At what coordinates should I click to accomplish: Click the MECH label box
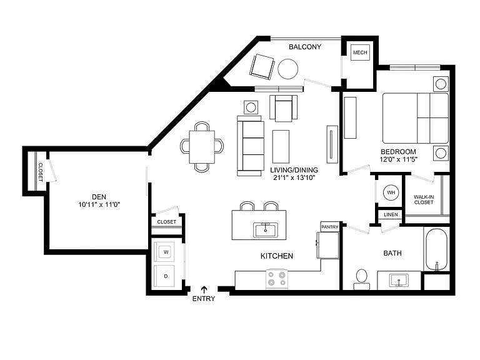[x=360, y=52]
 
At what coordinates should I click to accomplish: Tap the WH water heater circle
[x=391, y=192]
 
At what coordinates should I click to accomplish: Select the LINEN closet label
[x=391, y=214]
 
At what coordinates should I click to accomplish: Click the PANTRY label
[x=330, y=227]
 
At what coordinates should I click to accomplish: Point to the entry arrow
[x=204, y=289]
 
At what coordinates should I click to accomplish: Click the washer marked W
[x=166, y=252]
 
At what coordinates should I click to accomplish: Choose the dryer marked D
[x=166, y=276]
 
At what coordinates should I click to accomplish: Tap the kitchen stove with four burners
[x=277, y=279]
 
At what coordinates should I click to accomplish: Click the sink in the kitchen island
[x=266, y=230]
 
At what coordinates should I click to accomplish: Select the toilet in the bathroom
[x=362, y=279]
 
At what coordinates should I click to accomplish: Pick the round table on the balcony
[x=287, y=69]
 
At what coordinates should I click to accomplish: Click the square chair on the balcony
[x=262, y=67]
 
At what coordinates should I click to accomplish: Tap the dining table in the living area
[x=202, y=147]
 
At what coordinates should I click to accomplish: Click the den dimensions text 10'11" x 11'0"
[x=99, y=204]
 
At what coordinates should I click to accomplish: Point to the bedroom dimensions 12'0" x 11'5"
[x=398, y=159]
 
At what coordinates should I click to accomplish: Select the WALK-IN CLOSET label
[x=424, y=199]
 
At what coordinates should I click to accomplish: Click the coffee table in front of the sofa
[x=281, y=147]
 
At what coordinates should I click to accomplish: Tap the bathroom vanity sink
[x=399, y=281]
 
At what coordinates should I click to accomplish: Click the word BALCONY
[x=305, y=47]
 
